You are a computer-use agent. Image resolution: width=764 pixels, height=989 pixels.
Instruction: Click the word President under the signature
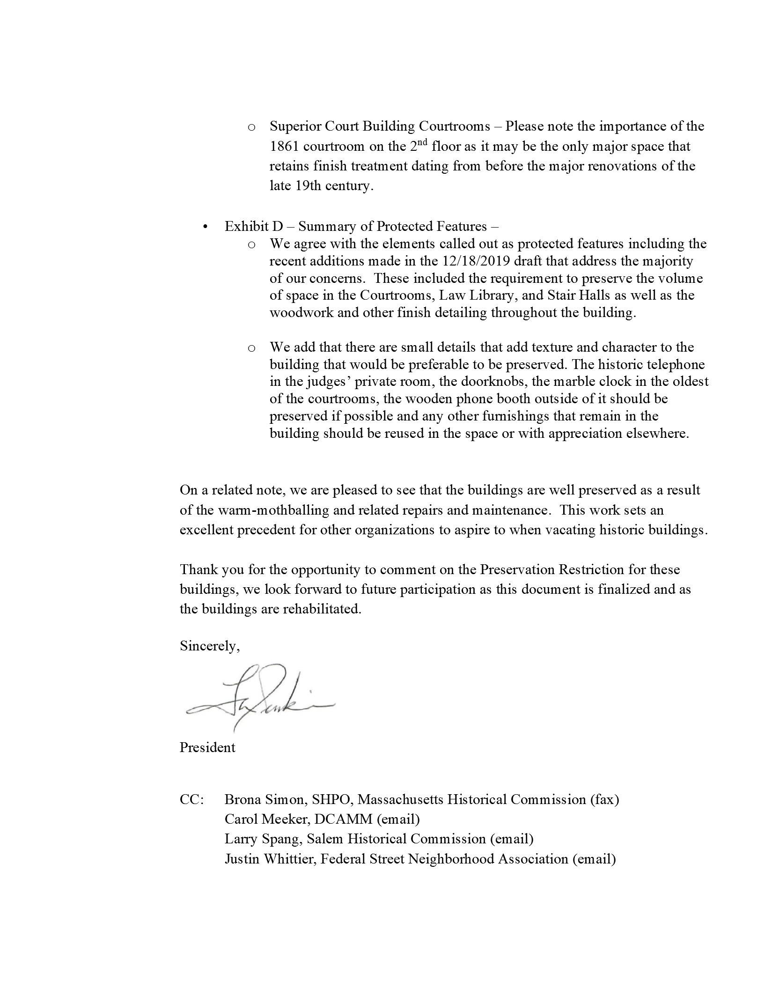(207, 747)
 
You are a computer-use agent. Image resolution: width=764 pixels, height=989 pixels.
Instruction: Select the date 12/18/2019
(476, 261)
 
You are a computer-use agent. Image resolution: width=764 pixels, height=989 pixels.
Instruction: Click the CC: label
(191, 799)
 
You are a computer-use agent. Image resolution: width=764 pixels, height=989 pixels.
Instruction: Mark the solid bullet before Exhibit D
(205, 227)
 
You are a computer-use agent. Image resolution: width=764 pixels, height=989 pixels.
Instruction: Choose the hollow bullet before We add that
(251, 348)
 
